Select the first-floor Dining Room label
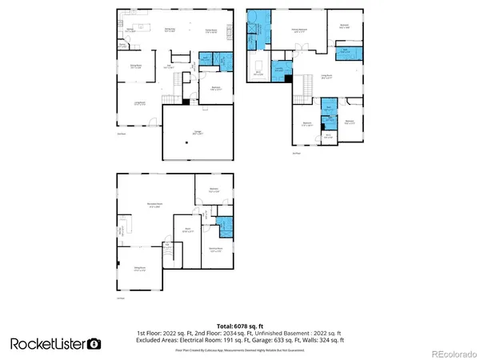click(137, 67)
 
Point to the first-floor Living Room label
click(139, 103)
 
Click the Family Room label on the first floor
click(212, 31)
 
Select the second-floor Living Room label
click(326, 77)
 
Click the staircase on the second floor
click(306, 82)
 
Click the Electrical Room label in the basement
click(215, 250)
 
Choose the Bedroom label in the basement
click(213, 190)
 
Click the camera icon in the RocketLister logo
click(94, 344)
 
